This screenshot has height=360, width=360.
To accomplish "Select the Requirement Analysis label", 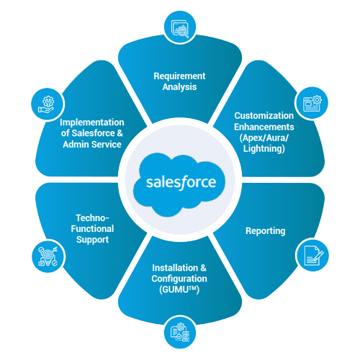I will pos(179,81).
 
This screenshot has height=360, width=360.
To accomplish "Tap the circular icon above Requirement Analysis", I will pos(179,27).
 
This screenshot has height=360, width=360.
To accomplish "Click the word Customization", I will pos(264,115).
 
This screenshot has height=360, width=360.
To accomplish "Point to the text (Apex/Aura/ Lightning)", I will pos(264,143).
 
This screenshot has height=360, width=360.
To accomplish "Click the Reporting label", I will pos(265,231).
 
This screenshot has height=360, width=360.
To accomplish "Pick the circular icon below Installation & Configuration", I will pos(179,332).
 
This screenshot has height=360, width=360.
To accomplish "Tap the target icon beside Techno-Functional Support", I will pos(46,256).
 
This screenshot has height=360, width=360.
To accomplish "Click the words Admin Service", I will pos(101,144).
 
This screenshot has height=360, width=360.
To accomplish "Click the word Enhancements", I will pos(264,127).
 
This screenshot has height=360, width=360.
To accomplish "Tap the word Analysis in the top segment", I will pos(179,87).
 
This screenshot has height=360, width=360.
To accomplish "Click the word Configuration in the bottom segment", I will pos(180,278).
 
